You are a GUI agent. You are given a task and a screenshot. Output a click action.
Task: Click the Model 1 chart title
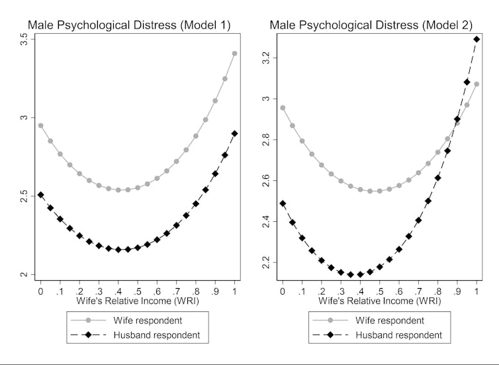coord(128,26)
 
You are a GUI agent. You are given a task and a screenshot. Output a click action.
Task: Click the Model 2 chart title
coord(370,26)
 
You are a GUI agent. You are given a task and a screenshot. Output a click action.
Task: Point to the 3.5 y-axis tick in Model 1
coord(24,40)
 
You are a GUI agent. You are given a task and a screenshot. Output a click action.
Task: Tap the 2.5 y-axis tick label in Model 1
coord(24,197)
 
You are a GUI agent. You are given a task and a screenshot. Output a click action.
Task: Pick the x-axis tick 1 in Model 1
coord(234,291)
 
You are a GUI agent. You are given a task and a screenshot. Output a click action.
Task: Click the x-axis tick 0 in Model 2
coord(283,291)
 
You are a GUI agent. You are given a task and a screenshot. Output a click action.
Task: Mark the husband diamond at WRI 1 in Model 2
coord(476,39)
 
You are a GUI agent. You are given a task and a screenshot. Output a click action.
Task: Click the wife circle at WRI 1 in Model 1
coord(234,54)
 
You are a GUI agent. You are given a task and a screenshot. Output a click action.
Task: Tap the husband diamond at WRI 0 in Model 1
coord(40,195)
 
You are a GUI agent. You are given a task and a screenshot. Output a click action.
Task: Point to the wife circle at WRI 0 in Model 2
coord(283,108)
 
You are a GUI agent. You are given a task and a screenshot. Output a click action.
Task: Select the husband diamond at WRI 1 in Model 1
coord(234,134)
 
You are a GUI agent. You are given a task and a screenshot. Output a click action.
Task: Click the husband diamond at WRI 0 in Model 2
coord(283,203)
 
